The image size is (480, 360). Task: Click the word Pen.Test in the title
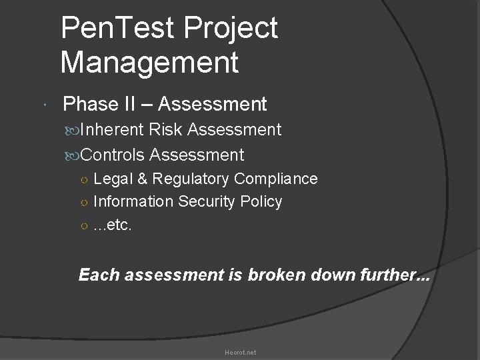[116, 29]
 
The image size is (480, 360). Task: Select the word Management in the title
[149, 63]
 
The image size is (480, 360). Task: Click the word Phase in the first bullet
[91, 104]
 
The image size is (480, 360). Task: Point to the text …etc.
[113, 225]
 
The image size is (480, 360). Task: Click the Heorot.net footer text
[240, 352]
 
